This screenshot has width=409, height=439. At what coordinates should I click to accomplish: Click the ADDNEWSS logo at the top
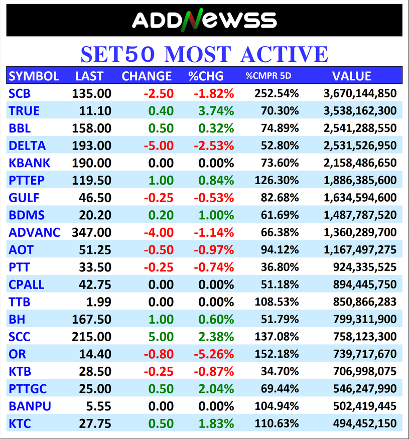[x=204, y=21]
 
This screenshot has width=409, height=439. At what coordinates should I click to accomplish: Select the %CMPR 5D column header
[x=268, y=76]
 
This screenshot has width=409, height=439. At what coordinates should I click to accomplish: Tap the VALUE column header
[x=351, y=76]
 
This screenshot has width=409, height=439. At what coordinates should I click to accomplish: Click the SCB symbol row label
[x=20, y=93]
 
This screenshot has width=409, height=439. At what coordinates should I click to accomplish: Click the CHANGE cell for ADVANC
[x=159, y=232]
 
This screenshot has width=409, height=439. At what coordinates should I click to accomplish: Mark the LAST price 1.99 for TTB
[x=99, y=302]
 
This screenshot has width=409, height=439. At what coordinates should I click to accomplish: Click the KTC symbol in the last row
[x=20, y=423]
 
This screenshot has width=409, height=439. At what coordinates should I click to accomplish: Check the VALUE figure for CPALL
[x=364, y=284]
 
